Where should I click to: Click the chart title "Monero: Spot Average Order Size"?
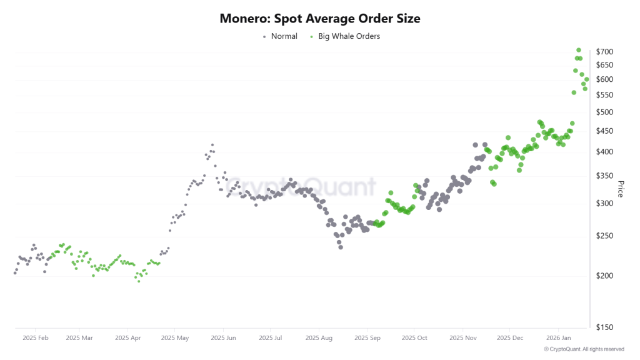[x=320, y=19]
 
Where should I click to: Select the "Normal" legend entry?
[x=281, y=36]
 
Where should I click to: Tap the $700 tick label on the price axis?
[x=604, y=52]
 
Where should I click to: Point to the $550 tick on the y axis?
[x=604, y=95]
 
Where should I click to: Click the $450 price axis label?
[x=604, y=131]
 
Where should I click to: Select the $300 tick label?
[x=604, y=204]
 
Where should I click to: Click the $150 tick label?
[x=604, y=327]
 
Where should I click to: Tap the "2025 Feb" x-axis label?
[x=35, y=337]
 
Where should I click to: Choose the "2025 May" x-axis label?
[x=175, y=337]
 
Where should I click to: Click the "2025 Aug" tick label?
[x=318, y=337]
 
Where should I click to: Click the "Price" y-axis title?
[x=620, y=189]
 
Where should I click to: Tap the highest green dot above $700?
[x=579, y=50]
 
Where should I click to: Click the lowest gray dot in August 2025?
[x=341, y=247]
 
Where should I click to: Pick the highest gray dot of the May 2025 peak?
[x=212, y=145]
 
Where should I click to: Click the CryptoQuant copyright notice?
[x=584, y=349]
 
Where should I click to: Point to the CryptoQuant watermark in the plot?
[x=301, y=186]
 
